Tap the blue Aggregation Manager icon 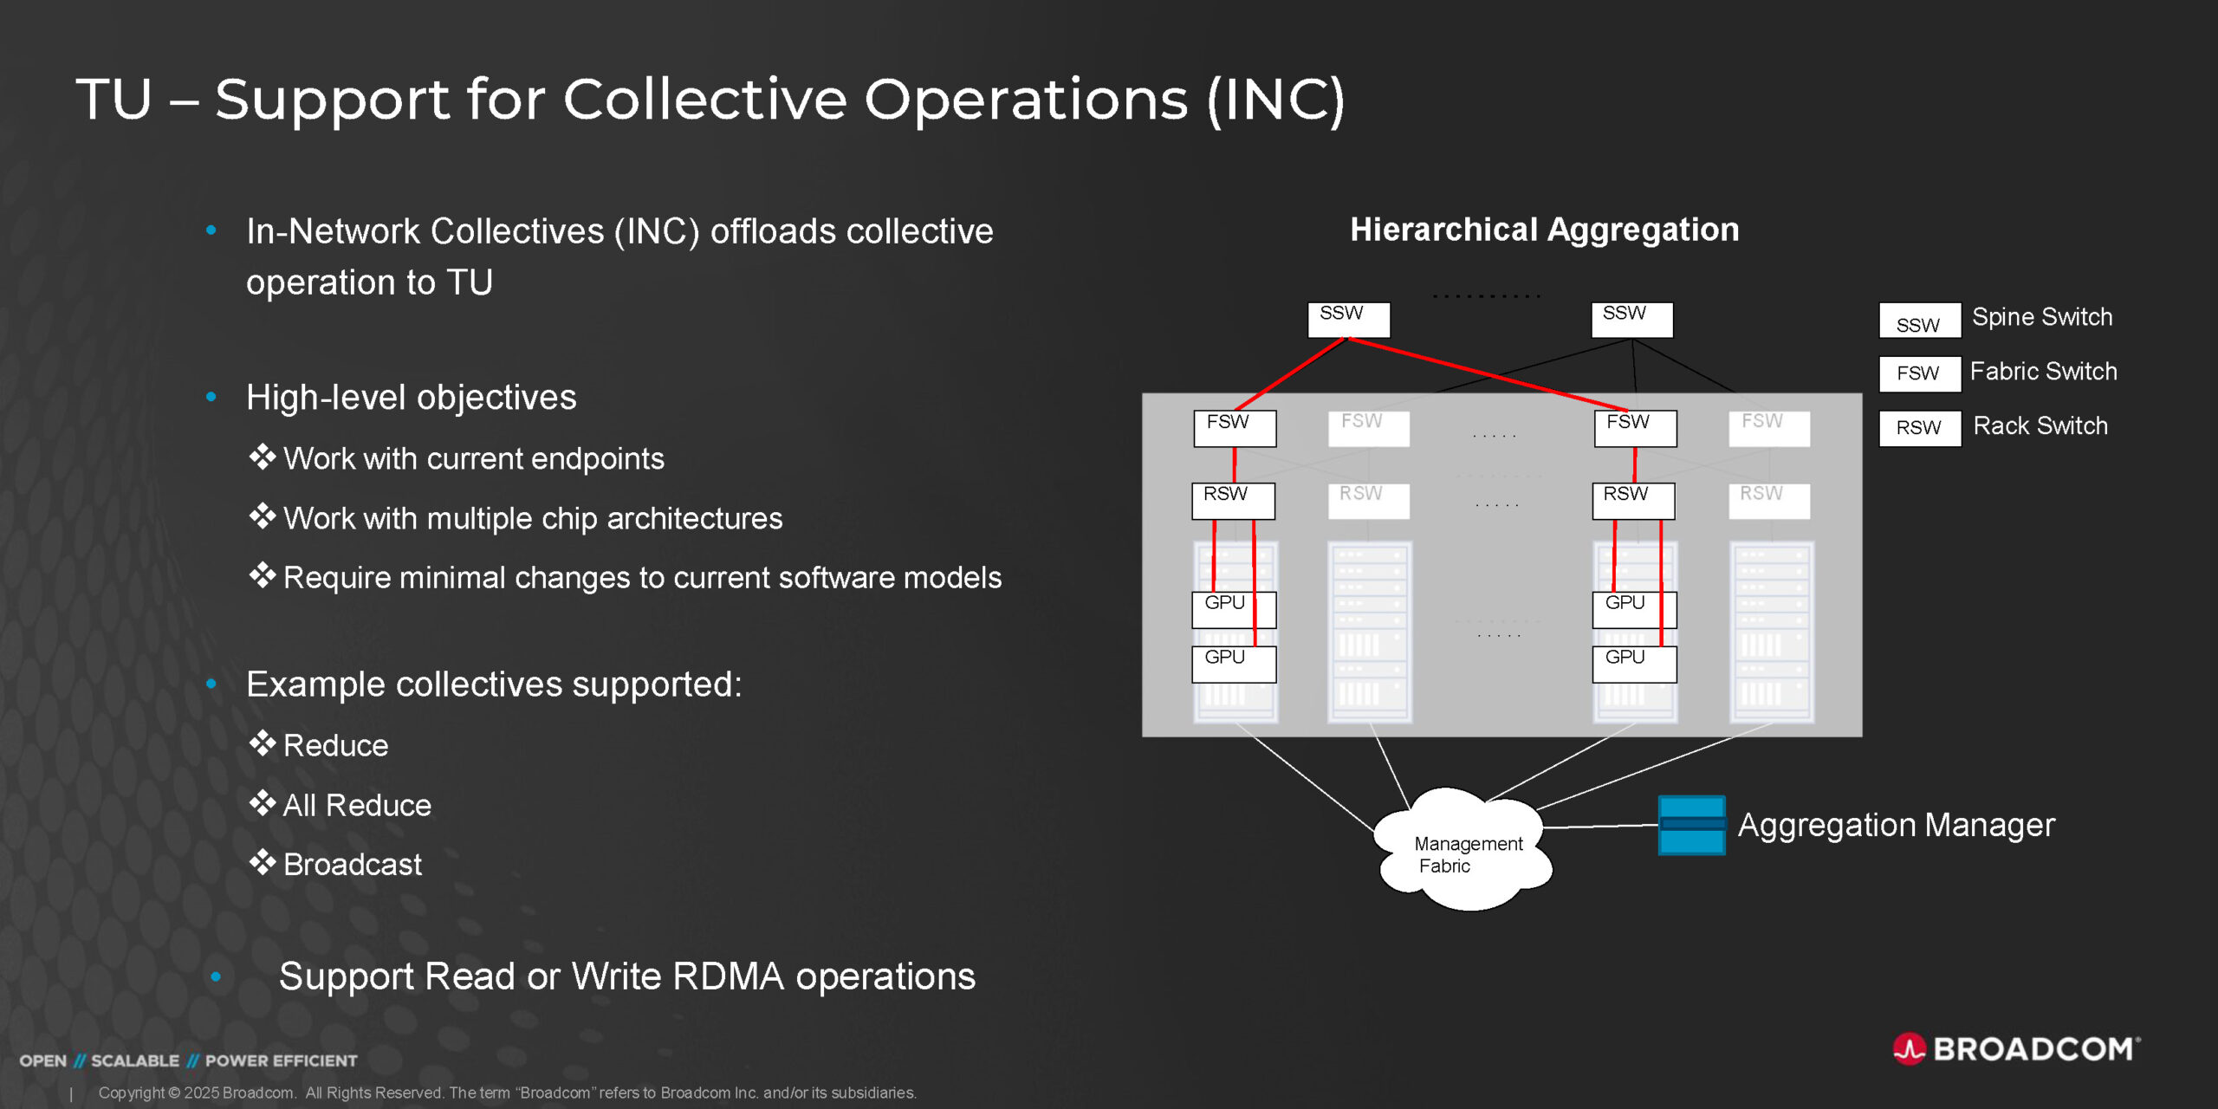click(x=1690, y=825)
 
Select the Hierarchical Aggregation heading click(x=1544, y=230)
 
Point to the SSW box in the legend click(x=1919, y=321)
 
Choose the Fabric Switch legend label click(x=2043, y=372)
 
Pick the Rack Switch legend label click(x=2040, y=426)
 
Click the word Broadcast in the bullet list click(x=353, y=865)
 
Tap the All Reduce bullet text click(x=357, y=806)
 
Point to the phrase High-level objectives click(x=411, y=398)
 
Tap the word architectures click(x=694, y=519)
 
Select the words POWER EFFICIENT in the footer click(x=281, y=1060)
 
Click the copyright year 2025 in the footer click(x=201, y=1093)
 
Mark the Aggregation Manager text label click(x=1896, y=825)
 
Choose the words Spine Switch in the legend click(x=2041, y=317)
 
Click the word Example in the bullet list click(x=315, y=684)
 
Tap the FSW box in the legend click(x=1919, y=373)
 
